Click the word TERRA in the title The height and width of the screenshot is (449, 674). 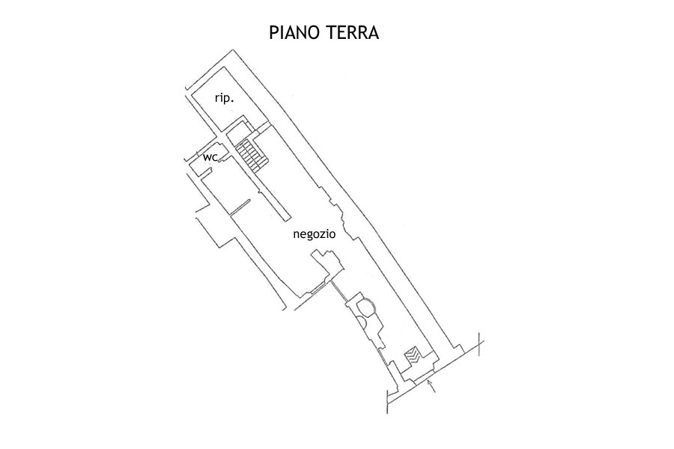pyautogui.click(x=353, y=34)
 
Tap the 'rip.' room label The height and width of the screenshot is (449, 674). pyautogui.click(x=225, y=98)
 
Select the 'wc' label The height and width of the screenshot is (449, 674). pyautogui.click(x=210, y=157)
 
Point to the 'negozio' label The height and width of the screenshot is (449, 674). pyautogui.click(x=314, y=234)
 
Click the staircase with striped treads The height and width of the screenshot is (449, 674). pyautogui.click(x=252, y=153)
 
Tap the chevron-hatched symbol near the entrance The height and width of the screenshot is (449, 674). pyautogui.click(x=413, y=355)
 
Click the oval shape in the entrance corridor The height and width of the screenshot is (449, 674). pyautogui.click(x=368, y=308)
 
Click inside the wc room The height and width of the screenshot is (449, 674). pyautogui.click(x=213, y=161)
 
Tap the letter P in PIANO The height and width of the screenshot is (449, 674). pyautogui.click(x=274, y=34)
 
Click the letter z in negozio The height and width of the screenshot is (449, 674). pyautogui.click(x=324, y=234)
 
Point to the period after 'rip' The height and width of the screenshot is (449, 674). pyautogui.click(x=234, y=100)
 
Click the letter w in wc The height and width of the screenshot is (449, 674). pyautogui.click(x=207, y=157)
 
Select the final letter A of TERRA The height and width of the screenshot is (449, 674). pyautogui.click(x=373, y=34)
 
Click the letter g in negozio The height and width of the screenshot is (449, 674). pyautogui.click(x=309, y=236)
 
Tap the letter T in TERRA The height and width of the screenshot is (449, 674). pyautogui.click(x=333, y=34)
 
